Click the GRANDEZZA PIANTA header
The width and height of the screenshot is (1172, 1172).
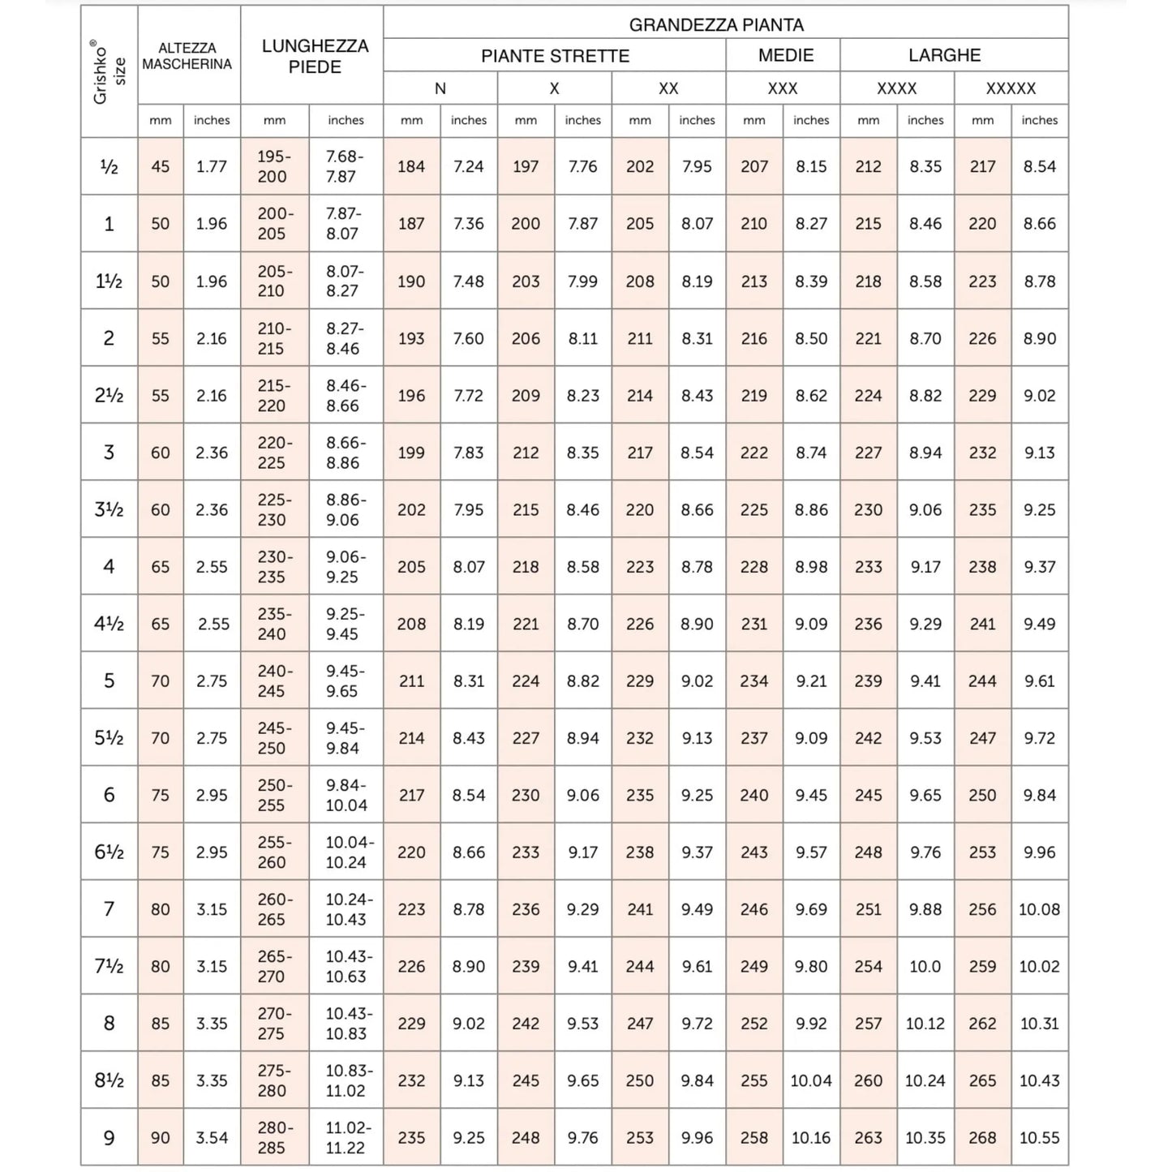click(x=716, y=24)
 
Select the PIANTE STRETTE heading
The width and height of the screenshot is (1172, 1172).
click(x=555, y=56)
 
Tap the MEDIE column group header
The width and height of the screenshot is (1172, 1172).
click(x=785, y=55)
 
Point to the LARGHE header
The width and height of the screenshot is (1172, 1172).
click(x=944, y=55)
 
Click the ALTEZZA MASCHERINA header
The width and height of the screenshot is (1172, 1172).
click(x=187, y=56)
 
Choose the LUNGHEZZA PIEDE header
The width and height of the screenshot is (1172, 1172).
click(x=315, y=56)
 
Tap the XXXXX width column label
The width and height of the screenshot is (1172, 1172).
click(x=1011, y=88)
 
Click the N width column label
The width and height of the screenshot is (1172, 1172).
click(x=440, y=88)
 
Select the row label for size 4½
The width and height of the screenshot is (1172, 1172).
click(x=109, y=624)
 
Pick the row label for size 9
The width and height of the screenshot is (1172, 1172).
click(x=109, y=1138)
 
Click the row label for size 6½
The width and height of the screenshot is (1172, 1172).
click(x=109, y=852)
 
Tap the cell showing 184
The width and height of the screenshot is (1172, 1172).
click(x=411, y=166)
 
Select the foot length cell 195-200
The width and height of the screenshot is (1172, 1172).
click(x=273, y=166)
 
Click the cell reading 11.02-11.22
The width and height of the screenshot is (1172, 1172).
click(x=346, y=1138)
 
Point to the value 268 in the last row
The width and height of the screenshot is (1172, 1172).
click(x=982, y=1138)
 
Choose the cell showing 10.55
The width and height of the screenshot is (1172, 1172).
click(x=1039, y=1138)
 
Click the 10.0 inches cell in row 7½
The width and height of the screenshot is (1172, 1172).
click(x=925, y=967)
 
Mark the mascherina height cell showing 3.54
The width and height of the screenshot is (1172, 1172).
click(x=212, y=1138)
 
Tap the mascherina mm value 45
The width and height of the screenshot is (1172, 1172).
click(x=161, y=166)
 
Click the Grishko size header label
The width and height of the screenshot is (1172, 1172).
click(x=109, y=72)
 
